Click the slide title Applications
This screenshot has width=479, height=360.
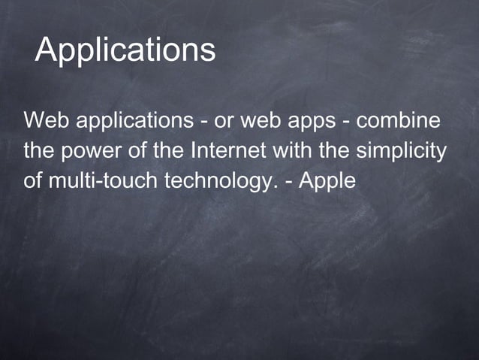[x=125, y=50]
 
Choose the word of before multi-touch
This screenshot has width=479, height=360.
[x=33, y=181]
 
